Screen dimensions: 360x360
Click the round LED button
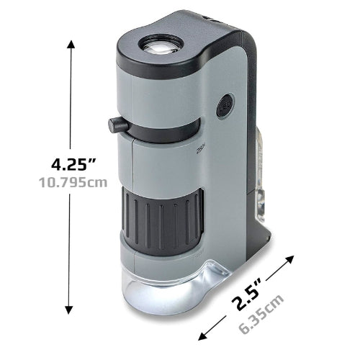coord(225,106)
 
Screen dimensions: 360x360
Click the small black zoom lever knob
coord(118,125)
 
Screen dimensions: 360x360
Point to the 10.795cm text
coord(73,182)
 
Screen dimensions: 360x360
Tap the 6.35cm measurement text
coord(261,314)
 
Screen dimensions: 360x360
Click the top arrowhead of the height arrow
coord(71,45)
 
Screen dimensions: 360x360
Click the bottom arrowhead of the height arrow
coord(69,310)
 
